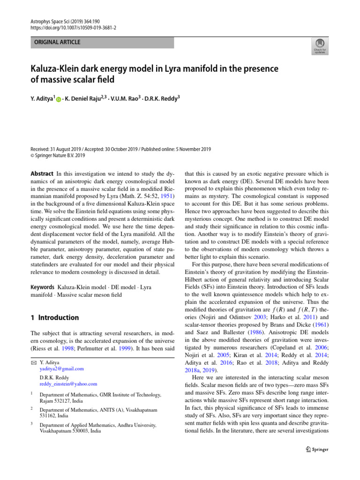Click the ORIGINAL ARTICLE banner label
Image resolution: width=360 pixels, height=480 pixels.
coord(57,42)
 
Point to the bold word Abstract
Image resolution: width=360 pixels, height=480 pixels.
coord(42,174)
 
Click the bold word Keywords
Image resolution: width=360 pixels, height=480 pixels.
coord(43,286)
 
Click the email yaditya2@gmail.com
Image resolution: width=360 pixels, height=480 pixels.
coord(62,369)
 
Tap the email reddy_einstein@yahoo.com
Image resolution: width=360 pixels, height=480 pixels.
coord(68,384)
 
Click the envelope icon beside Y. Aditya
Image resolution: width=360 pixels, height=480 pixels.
coord(33,362)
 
